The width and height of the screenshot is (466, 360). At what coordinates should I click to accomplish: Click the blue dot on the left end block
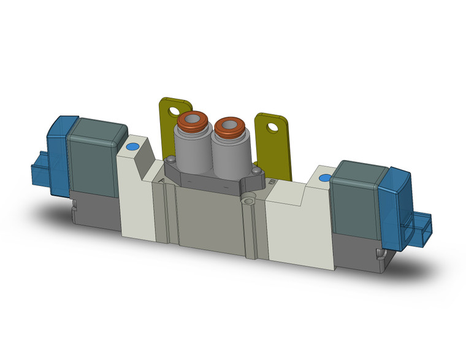(x=131, y=147)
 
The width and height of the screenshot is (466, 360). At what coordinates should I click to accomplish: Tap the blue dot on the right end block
(x=325, y=178)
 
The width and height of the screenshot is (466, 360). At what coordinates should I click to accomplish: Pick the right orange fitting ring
(x=230, y=125)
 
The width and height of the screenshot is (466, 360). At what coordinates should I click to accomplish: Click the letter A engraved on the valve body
(x=161, y=180)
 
